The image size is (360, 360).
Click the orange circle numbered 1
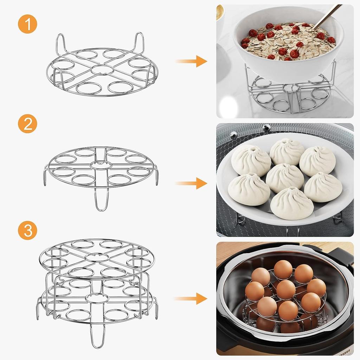[27, 24]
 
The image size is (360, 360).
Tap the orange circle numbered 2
[27, 124]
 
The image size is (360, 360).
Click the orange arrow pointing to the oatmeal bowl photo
[192, 61]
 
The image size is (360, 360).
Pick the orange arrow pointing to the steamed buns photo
[192, 183]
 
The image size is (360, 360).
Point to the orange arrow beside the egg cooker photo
[192, 298]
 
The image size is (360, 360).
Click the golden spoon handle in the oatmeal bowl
[327, 16]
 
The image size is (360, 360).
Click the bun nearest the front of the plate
[291, 203]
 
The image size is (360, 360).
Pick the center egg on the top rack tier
[285, 289]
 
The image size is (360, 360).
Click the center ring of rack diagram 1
[102, 69]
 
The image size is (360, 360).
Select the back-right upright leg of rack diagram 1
[139, 42]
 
